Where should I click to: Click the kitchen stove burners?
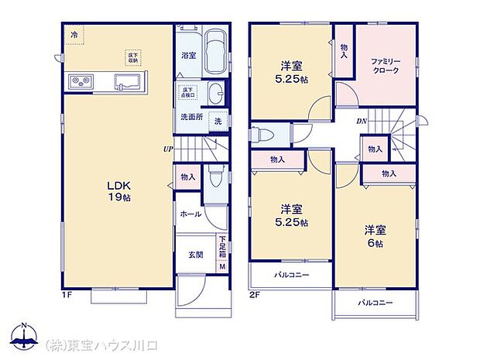81,81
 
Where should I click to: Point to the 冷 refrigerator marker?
75,35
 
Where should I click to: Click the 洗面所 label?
190,118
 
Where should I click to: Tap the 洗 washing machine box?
218,122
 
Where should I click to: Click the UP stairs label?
167,149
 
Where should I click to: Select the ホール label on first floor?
190,214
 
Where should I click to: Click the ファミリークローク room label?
385,65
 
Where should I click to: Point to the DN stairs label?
362,122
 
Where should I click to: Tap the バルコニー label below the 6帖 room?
375,302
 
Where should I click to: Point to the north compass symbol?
24,335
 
